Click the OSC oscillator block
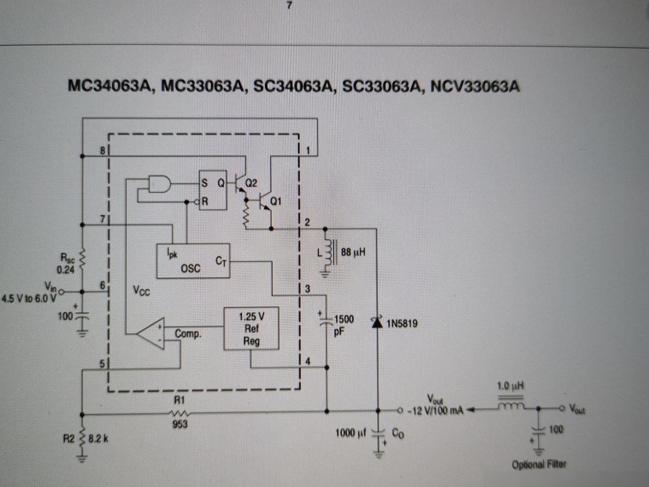[193, 261]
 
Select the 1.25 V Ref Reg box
[251, 329]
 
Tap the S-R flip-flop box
[213, 190]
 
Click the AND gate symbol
[160, 184]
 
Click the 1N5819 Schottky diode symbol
[377, 322]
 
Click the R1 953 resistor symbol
[180, 413]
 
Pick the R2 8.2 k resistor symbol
[83, 438]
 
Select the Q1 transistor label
[276, 201]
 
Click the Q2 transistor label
[251, 183]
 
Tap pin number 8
[102, 151]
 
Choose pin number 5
[102, 364]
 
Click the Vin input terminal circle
[62, 292]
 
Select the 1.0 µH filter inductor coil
[511, 406]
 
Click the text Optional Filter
[539, 464]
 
